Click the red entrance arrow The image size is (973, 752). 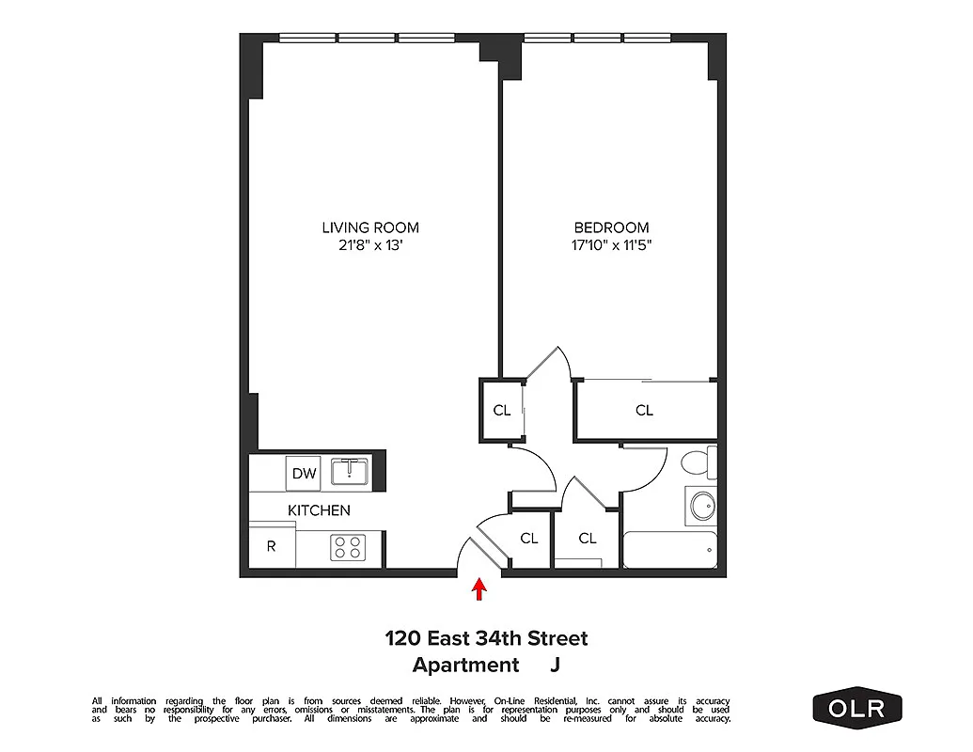point(479,589)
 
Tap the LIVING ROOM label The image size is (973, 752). point(370,227)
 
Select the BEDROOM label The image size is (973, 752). point(611,227)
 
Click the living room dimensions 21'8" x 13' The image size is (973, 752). point(370,246)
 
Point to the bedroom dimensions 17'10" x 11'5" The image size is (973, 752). point(611,246)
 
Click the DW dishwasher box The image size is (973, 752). point(304,473)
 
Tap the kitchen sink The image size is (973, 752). point(351,471)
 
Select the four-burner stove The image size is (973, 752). point(348,547)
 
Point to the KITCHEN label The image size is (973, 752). point(319,510)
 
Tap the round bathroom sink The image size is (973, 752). point(701,507)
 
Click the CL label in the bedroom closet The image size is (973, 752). point(644,410)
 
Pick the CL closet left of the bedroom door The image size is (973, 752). point(502,410)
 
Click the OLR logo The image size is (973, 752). point(856,707)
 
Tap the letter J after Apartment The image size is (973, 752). point(555,666)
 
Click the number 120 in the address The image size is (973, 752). point(401,639)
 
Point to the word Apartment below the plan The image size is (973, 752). point(465,666)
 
